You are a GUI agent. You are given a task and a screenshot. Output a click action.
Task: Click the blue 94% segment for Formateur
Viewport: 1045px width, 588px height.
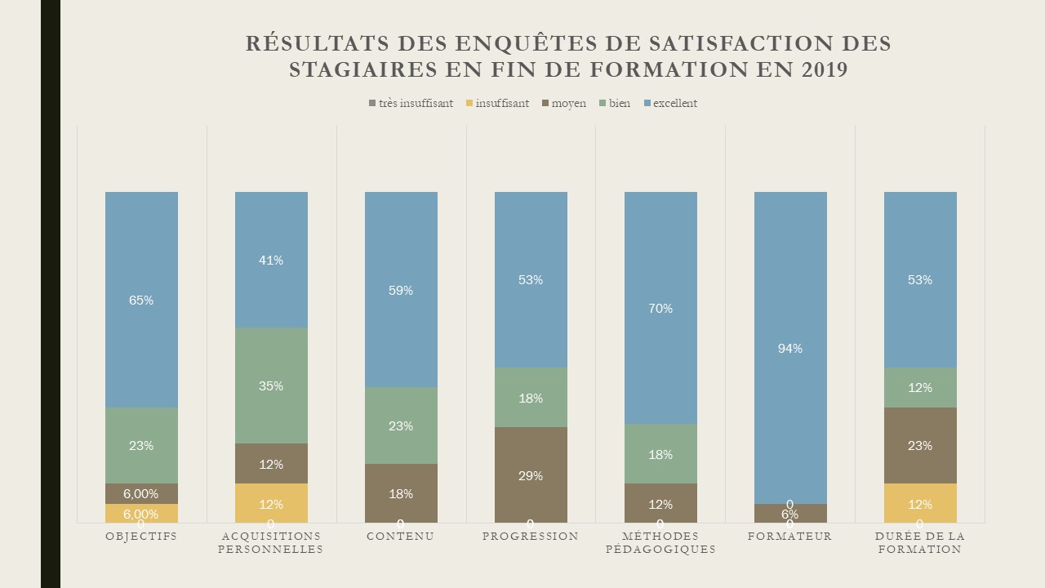tap(790, 348)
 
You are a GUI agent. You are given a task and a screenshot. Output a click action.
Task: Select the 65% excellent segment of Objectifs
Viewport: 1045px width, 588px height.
tap(141, 300)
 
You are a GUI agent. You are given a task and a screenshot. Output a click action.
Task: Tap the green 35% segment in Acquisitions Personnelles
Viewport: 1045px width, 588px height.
tap(271, 385)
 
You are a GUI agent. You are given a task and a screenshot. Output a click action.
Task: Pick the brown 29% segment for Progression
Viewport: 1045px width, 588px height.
tap(531, 474)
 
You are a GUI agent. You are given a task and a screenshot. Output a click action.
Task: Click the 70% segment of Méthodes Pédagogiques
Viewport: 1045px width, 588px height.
tap(660, 308)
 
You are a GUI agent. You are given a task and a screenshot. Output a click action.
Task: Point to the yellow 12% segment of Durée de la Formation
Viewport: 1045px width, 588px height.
tap(920, 503)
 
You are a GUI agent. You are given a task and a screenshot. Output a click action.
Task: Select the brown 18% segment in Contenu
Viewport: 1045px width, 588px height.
tap(401, 493)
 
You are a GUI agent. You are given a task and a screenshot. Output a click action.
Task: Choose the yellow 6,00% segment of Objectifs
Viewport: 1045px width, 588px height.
tap(141, 513)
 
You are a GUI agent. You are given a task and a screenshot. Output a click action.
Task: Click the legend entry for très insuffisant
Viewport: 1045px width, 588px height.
tap(411, 104)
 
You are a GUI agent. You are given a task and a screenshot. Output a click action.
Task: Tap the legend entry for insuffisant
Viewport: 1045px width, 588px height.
tap(497, 104)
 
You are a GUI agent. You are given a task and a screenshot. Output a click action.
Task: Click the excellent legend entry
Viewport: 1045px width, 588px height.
tap(670, 104)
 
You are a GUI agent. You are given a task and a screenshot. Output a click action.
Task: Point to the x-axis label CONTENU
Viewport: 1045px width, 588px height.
tap(401, 537)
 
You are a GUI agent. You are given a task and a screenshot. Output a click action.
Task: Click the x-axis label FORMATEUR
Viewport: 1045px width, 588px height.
tap(790, 537)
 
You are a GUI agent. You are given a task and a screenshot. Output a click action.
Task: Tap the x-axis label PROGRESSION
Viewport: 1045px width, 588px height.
tap(531, 537)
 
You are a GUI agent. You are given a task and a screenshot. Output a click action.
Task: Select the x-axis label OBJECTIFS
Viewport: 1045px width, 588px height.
tap(141, 537)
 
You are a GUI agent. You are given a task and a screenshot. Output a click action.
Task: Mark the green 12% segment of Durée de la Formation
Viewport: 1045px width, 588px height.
tap(920, 387)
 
